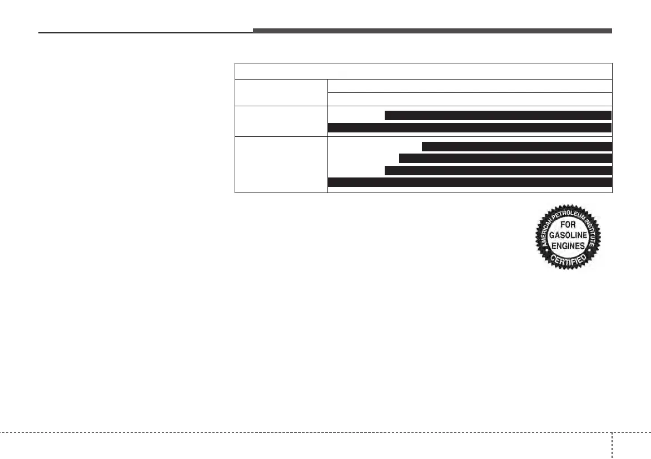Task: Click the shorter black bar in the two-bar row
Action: tap(498, 115)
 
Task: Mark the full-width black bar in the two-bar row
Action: tap(470, 127)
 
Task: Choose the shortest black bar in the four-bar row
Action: tap(516, 147)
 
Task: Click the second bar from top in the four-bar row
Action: tap(505, 159)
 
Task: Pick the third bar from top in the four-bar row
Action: tap(498, 170)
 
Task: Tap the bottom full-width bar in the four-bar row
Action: tap(470, 182)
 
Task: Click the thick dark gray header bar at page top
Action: tap(432, 31)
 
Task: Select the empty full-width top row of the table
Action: tap(423, 71)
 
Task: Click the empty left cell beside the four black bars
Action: tap(281, 164)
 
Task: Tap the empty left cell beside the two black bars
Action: tap(281, 121)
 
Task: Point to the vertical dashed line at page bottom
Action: tap(612, 445)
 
